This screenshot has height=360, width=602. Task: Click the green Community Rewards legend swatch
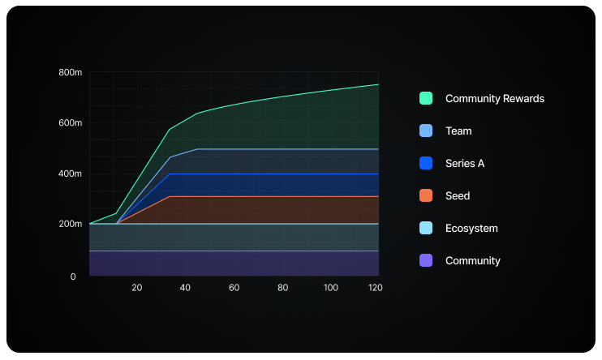(426, 98)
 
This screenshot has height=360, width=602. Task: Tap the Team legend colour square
(426, 131)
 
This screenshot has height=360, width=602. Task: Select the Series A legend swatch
(426, 163)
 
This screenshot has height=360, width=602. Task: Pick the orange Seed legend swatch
(426, 195)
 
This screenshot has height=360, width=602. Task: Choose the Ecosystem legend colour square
(426, 228)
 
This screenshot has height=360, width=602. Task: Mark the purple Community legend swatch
(426, 260)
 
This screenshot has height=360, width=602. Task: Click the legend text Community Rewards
(494, 98)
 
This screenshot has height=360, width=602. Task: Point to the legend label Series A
(465, 163)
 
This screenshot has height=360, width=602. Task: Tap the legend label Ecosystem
(471, 228)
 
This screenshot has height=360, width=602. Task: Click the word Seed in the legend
(458, 195)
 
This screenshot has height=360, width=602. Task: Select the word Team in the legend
(458, 131)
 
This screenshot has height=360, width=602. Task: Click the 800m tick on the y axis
(71, 73)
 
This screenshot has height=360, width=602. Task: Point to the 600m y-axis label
(71, 123)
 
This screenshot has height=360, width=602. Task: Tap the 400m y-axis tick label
(71, 174)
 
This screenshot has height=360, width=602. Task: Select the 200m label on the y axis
(71, 224)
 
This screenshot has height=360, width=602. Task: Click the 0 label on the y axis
(73, 276)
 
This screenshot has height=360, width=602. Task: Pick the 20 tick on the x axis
(136, 288)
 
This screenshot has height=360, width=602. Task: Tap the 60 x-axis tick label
(234, 288)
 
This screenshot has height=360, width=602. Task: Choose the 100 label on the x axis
(331, 288)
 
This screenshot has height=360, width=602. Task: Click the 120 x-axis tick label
(374, 288)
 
